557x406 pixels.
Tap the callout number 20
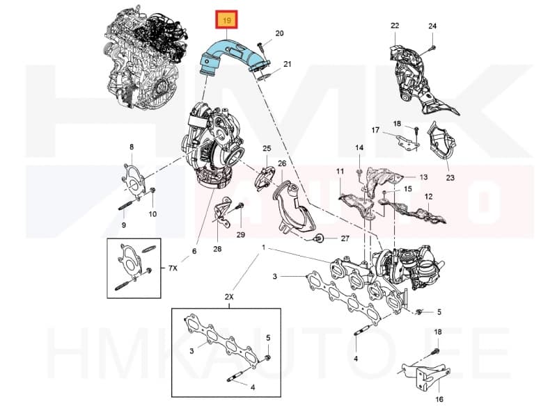279,33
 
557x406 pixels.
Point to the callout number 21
287,65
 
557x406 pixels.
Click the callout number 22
395,26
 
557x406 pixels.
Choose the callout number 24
432,26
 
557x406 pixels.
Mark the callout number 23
449,178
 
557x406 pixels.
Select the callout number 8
131,146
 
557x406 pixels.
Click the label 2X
229,297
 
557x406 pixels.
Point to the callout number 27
344,238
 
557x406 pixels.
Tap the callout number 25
266,149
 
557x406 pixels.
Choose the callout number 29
241,235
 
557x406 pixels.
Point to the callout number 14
359,147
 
